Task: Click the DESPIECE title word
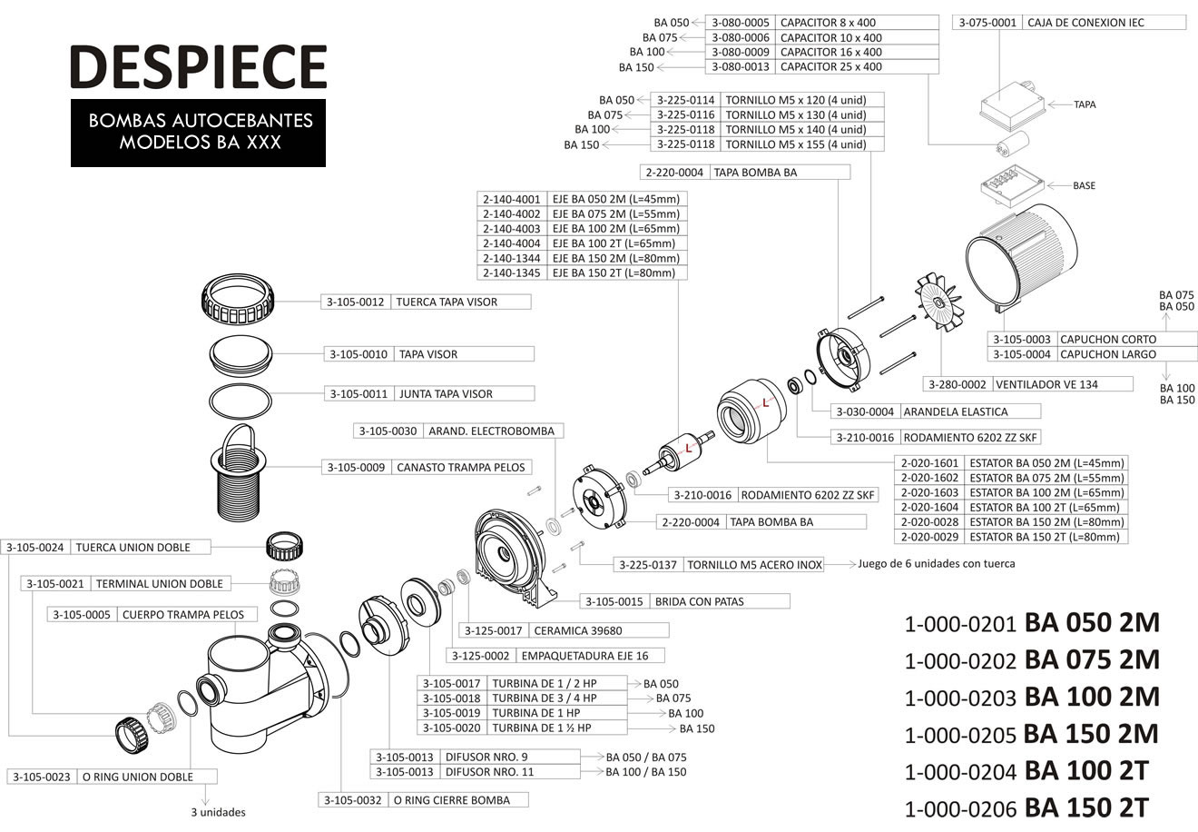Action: [x=199, y=66]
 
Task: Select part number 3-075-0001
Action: [x=987, y=23]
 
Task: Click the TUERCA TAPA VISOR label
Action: [x=447, y=302]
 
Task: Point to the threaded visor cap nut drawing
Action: [x=238, y=298]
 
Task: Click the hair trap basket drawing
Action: [x=239, y=472]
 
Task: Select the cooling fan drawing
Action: [x=938, y=302]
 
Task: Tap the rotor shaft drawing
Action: [x=678, y=453]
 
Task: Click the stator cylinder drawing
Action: [x=751, y=411]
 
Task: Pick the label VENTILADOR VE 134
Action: [x=1046, y=384]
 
